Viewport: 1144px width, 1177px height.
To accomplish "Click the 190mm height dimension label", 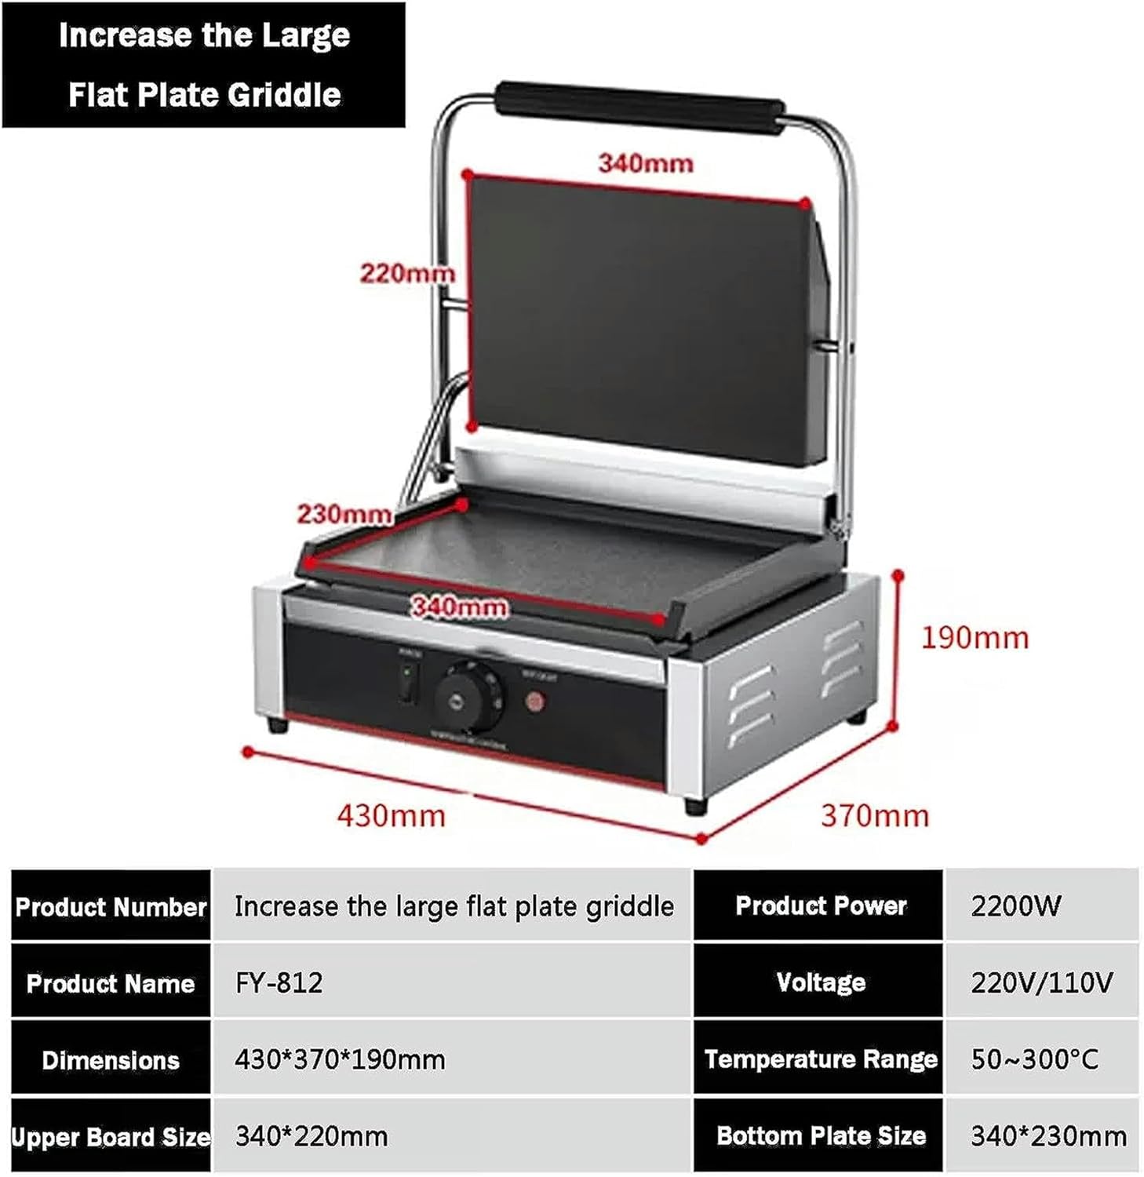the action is (x=975, y=638).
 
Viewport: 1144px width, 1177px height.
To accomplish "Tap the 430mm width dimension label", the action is (x=391, y=816).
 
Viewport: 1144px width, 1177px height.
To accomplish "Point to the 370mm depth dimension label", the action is (x=875, y=816).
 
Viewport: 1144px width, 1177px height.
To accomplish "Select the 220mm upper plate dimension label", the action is (x=406, y=273).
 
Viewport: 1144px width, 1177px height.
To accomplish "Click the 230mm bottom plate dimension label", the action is (x=344, y=514).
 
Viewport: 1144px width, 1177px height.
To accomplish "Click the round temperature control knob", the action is (x=468, y=691).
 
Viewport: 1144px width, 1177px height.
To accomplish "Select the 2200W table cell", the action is (x=1015, y=906).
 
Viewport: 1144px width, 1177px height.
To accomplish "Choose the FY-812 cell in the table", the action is (x=279, y=982).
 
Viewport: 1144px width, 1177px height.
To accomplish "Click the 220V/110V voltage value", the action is (x=1041, y=982).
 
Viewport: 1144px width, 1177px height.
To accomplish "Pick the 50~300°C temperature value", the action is (x=1034, y=1059).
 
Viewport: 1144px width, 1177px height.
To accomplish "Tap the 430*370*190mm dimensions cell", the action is (x=340, y=1059).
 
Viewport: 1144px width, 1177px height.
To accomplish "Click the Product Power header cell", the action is (x=820, y=906).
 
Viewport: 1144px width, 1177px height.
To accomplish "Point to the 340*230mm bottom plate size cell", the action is (x=1047, y=1135).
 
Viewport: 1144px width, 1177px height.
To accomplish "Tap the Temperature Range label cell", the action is (x=820, y=1059).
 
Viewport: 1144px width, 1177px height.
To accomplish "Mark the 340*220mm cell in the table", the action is (x=312, y=1135).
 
